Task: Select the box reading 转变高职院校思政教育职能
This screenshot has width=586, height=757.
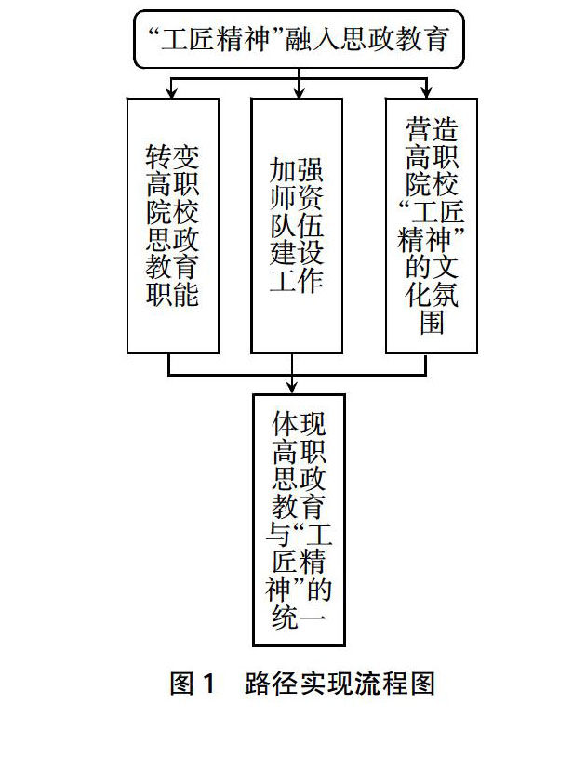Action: [x=172, y=225]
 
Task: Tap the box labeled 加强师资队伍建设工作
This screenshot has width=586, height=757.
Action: [x=297, y=225]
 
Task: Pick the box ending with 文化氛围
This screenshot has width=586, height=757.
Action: [x=432, y=225]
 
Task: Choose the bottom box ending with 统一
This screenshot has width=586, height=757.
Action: [x=299, y=519]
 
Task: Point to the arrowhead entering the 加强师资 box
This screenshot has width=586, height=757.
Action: [x=299, y=93]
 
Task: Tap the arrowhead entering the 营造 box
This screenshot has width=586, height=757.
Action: [x=426, y=93]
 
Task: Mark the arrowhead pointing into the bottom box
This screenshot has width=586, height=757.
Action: [x=293, y=388]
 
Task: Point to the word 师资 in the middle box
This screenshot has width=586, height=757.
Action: [x=297, y=198]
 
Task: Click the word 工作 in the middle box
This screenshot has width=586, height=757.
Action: [x=297, y=280]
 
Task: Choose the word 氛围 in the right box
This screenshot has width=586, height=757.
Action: [x=432, y=307]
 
